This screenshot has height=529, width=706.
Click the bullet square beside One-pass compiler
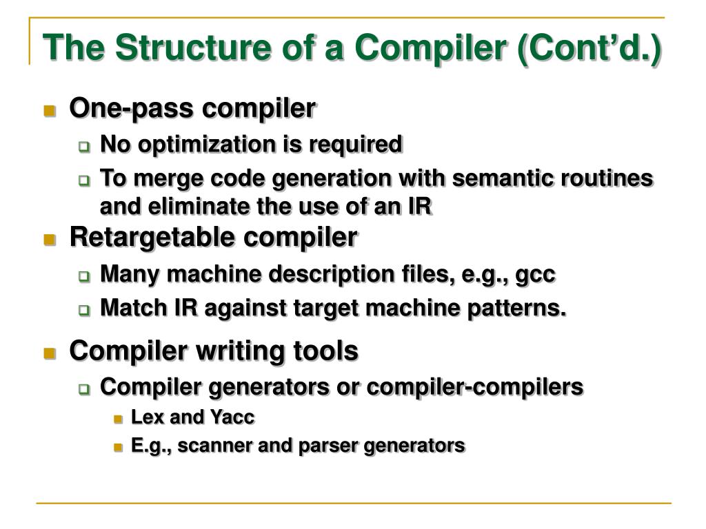pyautogui.click(x=50, y=111)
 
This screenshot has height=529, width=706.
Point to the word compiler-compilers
pyautogui.click(x=475, y=386)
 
